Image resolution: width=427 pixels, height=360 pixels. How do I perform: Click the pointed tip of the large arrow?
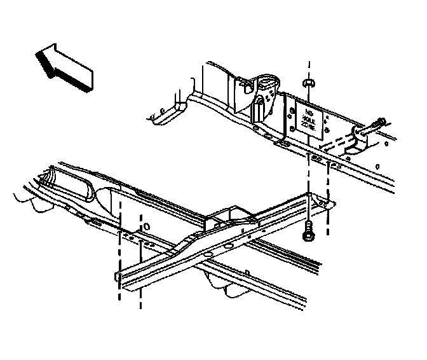tap(37, 54)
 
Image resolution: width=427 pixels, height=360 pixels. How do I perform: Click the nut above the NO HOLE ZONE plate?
tap(308, 83)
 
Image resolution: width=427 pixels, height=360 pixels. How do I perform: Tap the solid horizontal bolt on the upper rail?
tap(376, 125)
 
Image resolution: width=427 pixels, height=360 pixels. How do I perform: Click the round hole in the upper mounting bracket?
tap(264, 82)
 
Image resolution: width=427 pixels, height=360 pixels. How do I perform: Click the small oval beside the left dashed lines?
tap(146, 226)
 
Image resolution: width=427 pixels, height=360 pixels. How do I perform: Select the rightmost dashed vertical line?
tap(329, 191)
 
